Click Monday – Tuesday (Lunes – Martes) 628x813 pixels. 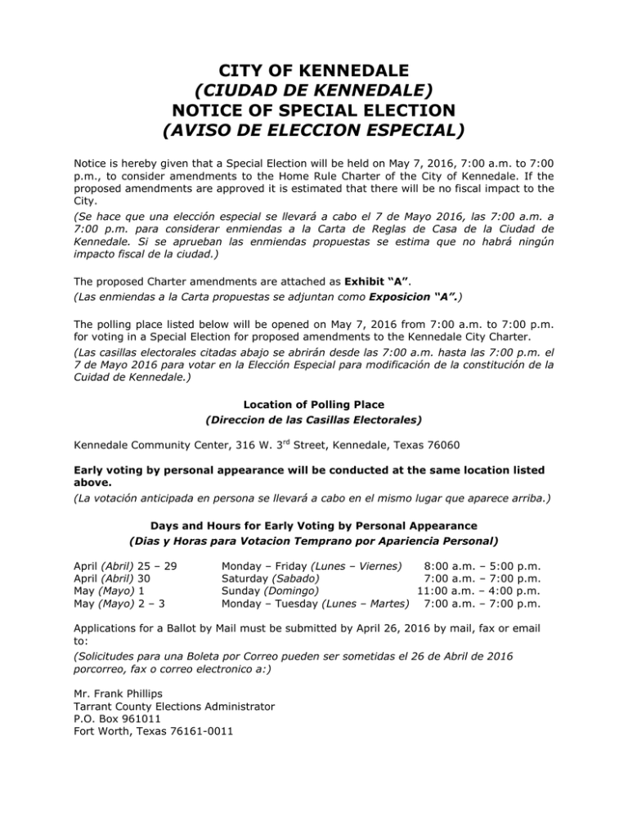[x=316, y=604]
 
